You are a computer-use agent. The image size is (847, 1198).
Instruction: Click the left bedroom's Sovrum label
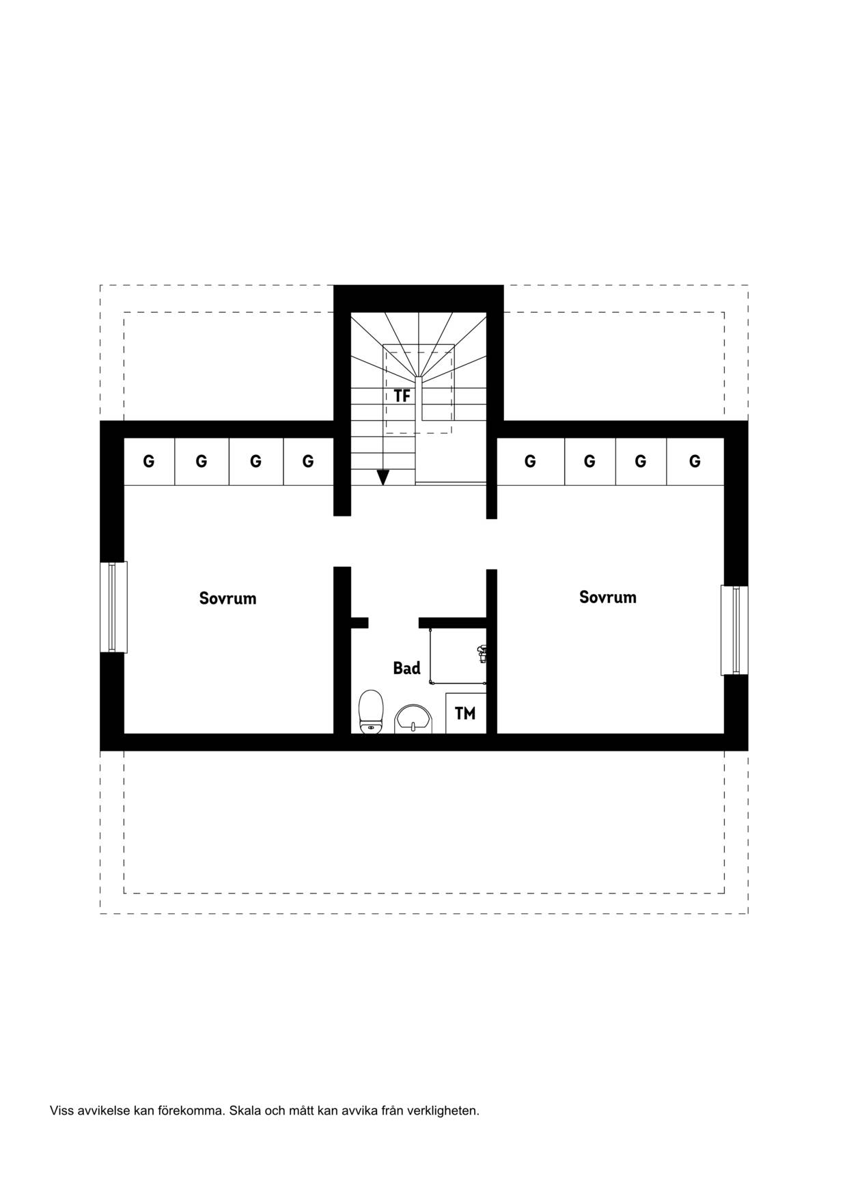click(227, 598)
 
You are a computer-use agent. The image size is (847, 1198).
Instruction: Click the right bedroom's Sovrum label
click(607, 597)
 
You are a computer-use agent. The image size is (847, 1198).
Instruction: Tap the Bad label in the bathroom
click(406, 668)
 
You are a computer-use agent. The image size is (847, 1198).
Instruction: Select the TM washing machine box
click(465, 713)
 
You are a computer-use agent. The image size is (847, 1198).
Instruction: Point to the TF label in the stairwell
click(402, 396)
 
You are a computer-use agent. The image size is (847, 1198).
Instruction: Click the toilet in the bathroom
click(371, 711)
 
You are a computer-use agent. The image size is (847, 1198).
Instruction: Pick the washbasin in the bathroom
click(413, 719)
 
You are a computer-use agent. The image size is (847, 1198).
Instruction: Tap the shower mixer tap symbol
click(482, 654)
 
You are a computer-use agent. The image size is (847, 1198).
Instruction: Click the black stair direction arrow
click(383, 477)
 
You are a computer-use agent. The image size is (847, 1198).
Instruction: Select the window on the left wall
click(113, 607)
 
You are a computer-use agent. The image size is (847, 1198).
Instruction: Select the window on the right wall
click(734, 630)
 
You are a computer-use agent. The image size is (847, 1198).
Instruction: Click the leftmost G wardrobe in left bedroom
click(149, 461)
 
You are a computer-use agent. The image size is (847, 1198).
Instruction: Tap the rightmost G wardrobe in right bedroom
click(695, 461)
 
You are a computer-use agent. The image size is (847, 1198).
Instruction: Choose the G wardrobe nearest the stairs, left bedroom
click(308, 461)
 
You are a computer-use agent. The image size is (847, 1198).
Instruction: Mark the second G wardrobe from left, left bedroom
click(202, 461)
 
